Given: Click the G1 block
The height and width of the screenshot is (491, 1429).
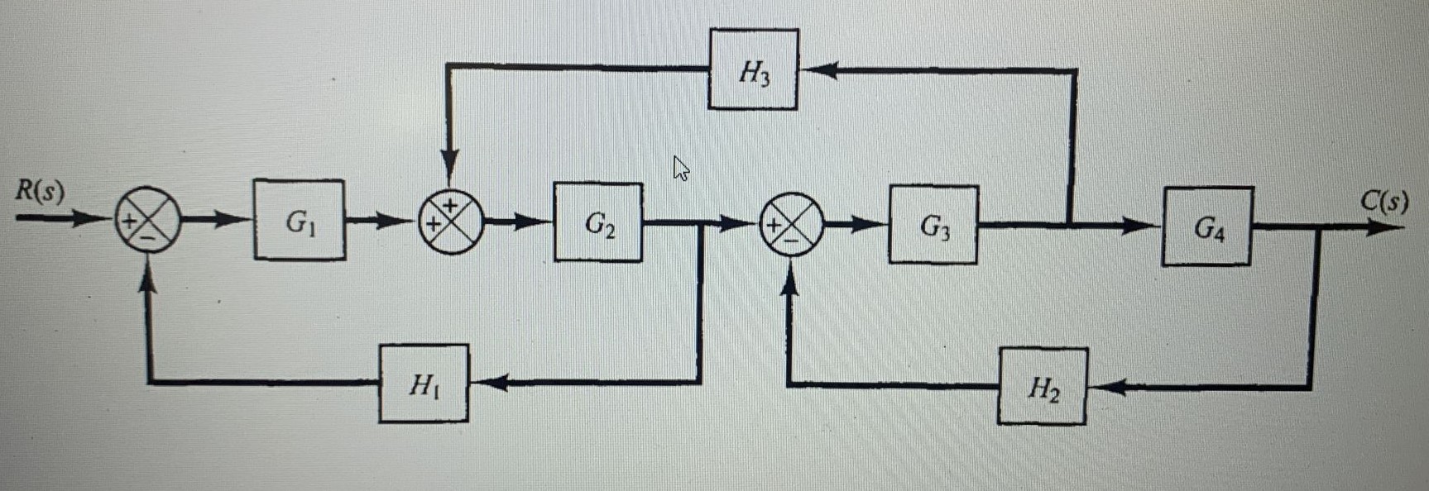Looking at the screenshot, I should [299, 220].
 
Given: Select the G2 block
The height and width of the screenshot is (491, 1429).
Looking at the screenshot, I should [597, 222].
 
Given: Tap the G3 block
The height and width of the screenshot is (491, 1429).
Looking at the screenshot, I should [933, 224].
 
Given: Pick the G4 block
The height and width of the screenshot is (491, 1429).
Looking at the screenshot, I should [1206, 226].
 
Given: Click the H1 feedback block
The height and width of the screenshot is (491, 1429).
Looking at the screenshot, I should [424, 384].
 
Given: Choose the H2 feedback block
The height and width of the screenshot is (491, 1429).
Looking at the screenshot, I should [1042, 387].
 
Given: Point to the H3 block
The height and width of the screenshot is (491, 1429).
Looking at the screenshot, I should [753, 70].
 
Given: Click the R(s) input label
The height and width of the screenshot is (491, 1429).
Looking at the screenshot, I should [40, 192].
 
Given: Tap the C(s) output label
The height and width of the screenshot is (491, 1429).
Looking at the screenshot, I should [1383, 201].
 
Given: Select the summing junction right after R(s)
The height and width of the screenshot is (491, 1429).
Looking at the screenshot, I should [147, 220].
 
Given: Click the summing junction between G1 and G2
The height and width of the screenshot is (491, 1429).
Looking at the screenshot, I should [451, 222].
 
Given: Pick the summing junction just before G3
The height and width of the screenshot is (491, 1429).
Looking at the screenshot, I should [791, 224].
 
